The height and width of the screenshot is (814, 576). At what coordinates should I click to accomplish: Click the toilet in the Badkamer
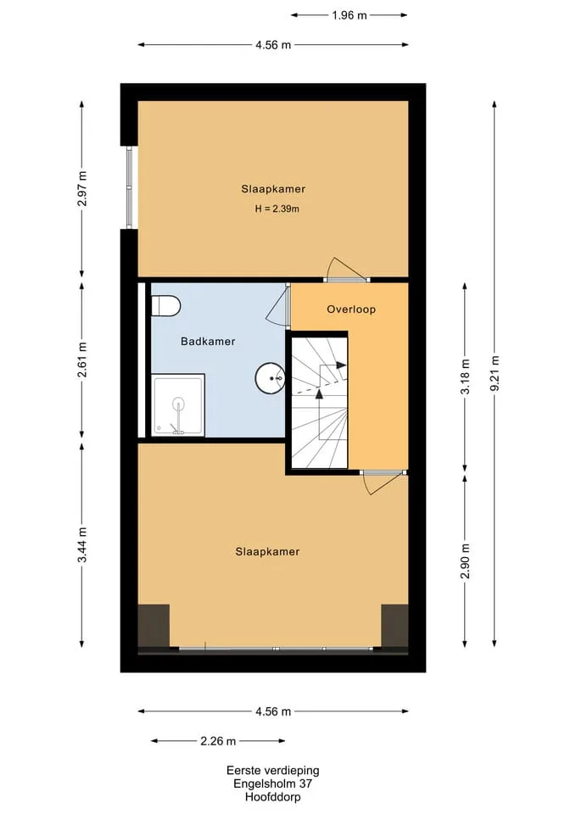tap(165, 306)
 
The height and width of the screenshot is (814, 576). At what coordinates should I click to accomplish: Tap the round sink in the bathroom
tap(270, 378)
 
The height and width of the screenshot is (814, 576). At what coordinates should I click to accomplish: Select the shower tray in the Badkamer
tap(177, 405)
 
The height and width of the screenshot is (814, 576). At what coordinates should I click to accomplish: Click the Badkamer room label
tap(208, 342)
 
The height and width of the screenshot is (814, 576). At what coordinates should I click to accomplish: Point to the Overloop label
tap(351, 309)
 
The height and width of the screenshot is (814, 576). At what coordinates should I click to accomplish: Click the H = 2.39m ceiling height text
tap(277, 209)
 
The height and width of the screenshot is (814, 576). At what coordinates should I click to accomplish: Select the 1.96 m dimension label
tap(350, 15)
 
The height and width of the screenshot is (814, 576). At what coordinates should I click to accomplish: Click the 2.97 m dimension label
tap(82, 188)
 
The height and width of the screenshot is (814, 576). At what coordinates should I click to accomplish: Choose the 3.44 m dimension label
tap(82, 544)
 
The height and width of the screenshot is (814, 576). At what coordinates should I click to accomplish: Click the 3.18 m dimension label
tap(465, 376)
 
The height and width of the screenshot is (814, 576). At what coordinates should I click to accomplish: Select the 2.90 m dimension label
tap(465, 560)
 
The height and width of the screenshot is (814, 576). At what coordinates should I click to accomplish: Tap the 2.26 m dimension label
tap(218, 741)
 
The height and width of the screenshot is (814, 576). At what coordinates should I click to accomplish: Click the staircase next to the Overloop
tap(319, 403)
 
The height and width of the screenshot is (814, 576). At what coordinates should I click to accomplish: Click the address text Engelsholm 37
tap(272, 783)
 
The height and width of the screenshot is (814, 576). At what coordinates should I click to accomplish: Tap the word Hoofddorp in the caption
tap(272, 797)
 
